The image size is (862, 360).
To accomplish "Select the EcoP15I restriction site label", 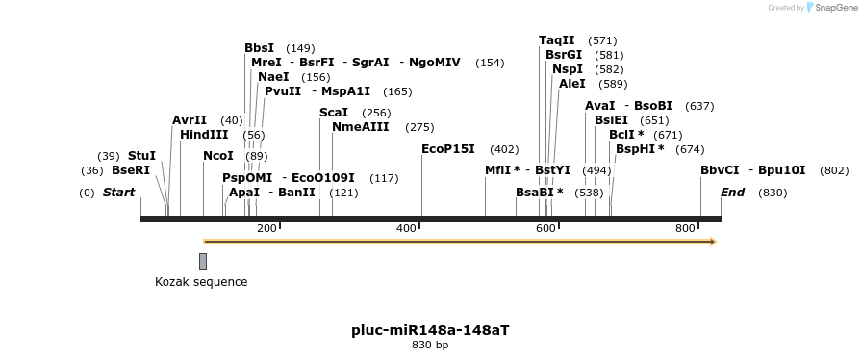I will tap(448, 149).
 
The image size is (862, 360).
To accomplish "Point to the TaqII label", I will tap(556, 40).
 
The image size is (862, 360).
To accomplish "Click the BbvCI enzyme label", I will tap(720, 170).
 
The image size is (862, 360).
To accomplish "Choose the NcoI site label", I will tap(218, 156).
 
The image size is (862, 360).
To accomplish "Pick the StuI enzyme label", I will tap(141, 156).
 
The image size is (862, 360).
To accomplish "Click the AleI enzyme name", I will tap(571, 84).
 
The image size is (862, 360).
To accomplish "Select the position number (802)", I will tap(834, 170).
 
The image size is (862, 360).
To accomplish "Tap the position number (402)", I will tap(504, 149).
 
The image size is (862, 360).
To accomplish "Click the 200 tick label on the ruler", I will tap(266, 228).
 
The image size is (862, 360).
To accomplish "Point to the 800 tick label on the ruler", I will tap(685, 228).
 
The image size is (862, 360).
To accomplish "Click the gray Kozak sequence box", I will tap(203, 261).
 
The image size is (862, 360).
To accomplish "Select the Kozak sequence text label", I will tap(201, 282).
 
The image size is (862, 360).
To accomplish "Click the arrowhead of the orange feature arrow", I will tap(713, 242).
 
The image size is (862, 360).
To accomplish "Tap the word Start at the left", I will tap(118, 193).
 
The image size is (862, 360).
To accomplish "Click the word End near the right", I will tap(732, 193).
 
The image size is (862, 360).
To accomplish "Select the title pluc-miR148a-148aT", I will tap(430, 330).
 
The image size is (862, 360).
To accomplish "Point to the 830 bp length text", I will tap(430, 345).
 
